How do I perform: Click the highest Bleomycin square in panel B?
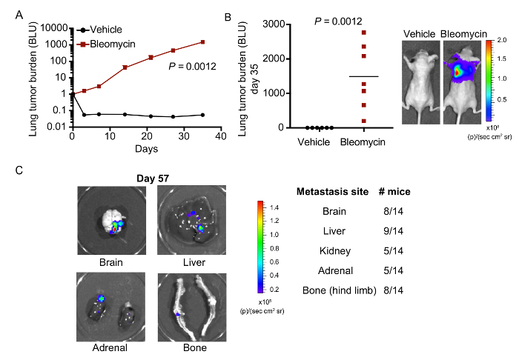pos(363,33)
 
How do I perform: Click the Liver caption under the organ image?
pos(195,261)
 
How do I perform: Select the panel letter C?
pos(20,170)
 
